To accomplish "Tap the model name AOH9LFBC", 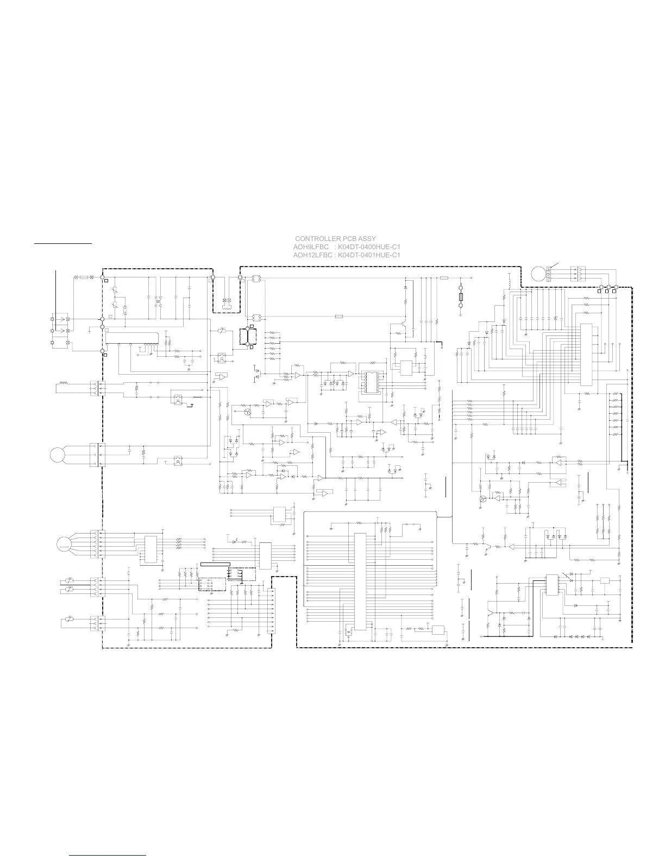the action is tap(311, 247).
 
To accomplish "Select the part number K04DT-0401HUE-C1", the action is tap(369, 255).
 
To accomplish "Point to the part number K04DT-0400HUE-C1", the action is tap(369, 247).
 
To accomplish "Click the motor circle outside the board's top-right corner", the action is tap(538, 274).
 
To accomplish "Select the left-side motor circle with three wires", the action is tap(58, 455).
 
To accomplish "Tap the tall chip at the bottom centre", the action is tap(360, 581).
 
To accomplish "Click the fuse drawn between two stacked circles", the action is tap(461, 296).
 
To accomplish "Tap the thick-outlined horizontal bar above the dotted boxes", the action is tap(216, 564).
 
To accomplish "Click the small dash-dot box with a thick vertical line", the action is tap(248, 337).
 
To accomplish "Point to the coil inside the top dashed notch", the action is tap(227, 306).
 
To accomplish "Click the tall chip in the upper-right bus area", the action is tap(586, 355).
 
